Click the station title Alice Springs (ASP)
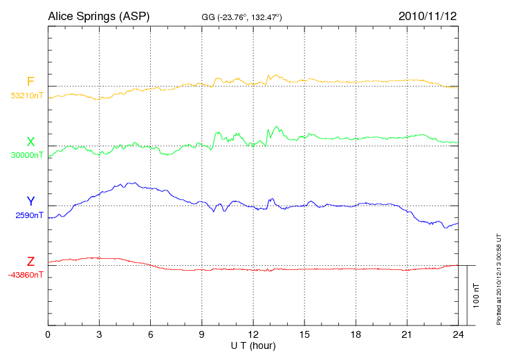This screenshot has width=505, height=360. pos(99,15)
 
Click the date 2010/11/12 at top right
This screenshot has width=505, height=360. pos(428,15)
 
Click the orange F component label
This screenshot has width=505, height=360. pos(30,82)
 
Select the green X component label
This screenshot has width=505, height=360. pos(30,141)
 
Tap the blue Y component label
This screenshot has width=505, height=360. pos(30,201)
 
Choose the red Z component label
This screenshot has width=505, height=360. pos(30,261)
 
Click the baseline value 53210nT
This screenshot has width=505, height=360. pos(27,96)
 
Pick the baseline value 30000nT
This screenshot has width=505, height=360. pos(27,155)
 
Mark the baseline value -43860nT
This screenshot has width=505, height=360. pos(27,275)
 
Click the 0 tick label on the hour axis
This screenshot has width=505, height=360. pos(48,335)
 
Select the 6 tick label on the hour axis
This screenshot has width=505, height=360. pos(151,335)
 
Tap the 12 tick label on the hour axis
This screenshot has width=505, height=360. pos(253,335)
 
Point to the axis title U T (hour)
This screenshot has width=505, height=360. pos(253,345)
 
